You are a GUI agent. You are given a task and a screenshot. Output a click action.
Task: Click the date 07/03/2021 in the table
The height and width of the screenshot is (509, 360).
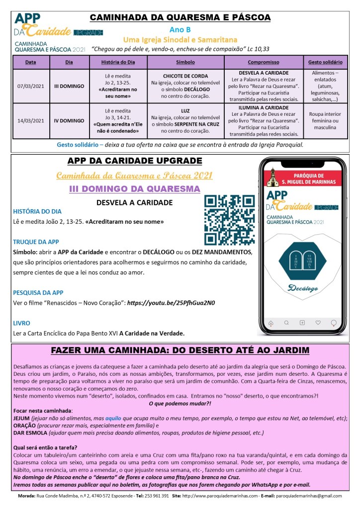pyautogui.click(x=30, y=86)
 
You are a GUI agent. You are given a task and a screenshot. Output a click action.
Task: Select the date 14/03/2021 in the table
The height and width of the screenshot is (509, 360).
pyautogui.click(x=30, y=120)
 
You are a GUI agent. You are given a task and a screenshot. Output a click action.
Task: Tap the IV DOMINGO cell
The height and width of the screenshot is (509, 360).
pyautogui.click(x=69, y=120)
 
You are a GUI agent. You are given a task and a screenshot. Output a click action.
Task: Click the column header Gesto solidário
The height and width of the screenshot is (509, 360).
pyautogui.click(x=325, y=63)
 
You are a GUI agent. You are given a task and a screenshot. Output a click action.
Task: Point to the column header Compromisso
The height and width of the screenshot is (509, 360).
pyautogui.click(x=263, y=63)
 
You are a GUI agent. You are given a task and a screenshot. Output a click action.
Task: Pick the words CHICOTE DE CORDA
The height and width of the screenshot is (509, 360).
pyautogui.click(x=185, y=76)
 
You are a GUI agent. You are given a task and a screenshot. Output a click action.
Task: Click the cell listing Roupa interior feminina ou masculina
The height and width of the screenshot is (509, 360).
pyautogui.click(x=325, y=120)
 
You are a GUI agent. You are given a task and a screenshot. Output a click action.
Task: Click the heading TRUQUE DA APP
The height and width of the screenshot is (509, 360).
pyautogui.click(x=36, y=242)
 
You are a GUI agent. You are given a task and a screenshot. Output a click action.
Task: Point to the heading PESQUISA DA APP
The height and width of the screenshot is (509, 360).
pyautogui.click(x=38, y=293)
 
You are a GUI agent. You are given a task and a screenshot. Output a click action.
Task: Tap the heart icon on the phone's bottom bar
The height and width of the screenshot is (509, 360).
pyautogui.click(x=318, y=322)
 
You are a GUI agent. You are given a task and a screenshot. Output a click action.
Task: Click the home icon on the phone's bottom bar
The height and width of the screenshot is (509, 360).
pyautogui.click(x=270, y=323)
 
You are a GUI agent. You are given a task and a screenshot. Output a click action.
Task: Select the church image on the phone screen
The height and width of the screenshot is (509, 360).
pyautogui.click(x=272, y=177)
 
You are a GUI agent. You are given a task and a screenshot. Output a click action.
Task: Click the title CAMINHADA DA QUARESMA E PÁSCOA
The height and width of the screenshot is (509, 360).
pyautogui.click(x=180, y=18)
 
